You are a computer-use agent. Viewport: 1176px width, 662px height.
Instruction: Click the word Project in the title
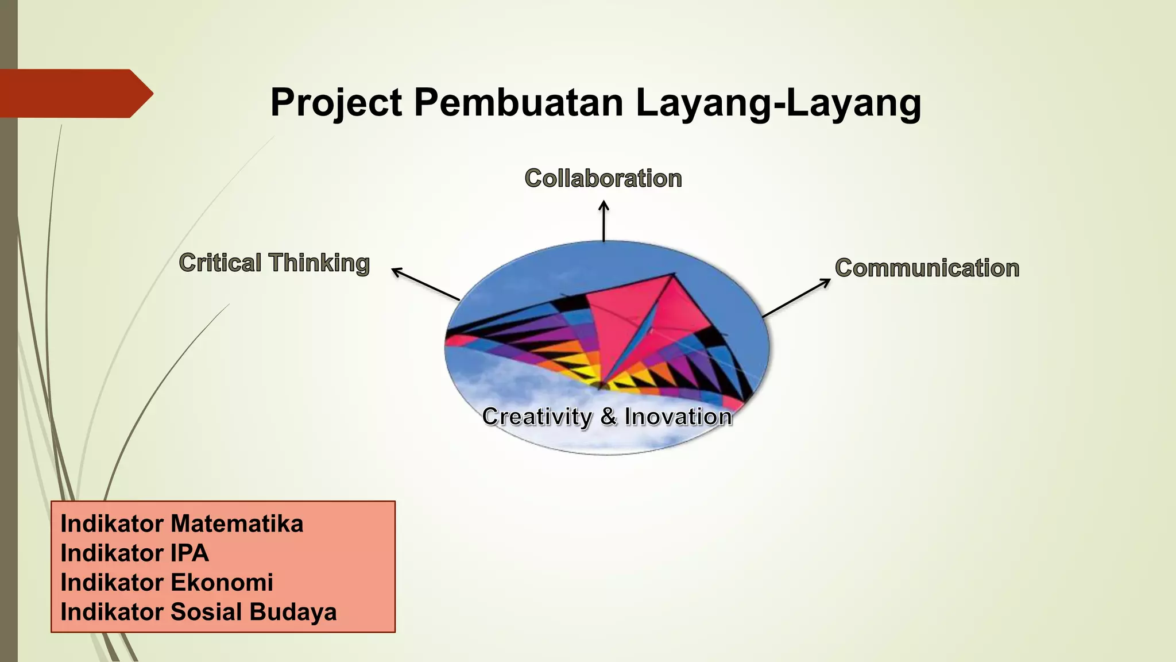(x=336, y=103)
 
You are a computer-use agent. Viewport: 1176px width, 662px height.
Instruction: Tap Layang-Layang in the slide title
(x=778, y=103)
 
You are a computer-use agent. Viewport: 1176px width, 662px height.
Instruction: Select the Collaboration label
(x=603, y=179)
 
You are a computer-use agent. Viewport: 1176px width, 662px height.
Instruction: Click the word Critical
(x=220, y=263)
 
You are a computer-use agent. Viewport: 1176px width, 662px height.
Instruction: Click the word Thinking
(x=319, y=263)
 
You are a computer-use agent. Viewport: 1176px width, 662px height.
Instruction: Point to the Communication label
(x=927, y=268)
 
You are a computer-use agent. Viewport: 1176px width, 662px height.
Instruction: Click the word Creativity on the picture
(x=537, y=417)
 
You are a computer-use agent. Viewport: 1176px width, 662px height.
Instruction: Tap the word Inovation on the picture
(x=678, y=417)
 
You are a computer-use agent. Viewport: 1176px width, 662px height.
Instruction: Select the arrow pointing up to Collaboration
(x=604, y=221)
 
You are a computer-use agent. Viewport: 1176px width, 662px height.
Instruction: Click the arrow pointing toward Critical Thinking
(x=425, y=284)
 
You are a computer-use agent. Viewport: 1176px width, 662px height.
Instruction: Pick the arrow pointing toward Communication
(x=796, y=298)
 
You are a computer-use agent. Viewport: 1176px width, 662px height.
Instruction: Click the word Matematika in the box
(x=237, y=524)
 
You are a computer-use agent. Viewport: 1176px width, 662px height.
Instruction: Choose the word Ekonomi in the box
(x=222, y=582)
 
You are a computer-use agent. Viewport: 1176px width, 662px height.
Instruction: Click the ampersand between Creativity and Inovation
(x=608, y=417)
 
